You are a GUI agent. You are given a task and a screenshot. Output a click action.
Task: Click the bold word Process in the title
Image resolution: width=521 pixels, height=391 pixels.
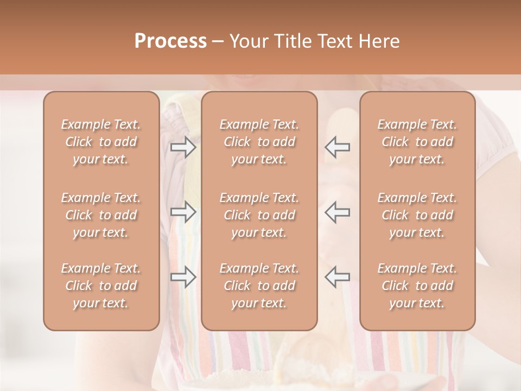(170, 41)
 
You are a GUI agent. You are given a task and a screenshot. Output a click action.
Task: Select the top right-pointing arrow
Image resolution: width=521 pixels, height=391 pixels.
(183, 147)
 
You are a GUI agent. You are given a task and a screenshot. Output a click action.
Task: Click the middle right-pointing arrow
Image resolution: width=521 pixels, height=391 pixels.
(183, 212)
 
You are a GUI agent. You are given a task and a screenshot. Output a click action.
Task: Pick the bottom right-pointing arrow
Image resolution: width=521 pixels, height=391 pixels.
(183, 277)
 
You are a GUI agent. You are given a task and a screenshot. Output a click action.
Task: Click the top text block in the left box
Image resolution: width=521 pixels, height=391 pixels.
(101, 142)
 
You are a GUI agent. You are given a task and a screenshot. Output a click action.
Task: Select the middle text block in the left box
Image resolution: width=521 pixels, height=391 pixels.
(101, 215)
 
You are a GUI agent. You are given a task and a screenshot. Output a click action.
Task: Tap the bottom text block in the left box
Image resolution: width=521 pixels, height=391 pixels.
(101, 286)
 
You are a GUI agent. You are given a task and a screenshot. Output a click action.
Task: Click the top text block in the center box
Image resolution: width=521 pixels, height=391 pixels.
(259, 142)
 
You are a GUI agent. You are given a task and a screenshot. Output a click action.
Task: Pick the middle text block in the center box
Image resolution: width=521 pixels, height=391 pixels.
(259, 215)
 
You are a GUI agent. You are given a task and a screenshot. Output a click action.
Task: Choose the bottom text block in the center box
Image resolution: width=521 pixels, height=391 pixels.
(259, 286)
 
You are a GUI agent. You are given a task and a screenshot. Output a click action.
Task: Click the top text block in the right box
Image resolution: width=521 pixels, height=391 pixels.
(417, 142)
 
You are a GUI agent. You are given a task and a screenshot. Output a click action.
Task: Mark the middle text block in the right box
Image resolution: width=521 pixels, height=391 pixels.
(417, 215)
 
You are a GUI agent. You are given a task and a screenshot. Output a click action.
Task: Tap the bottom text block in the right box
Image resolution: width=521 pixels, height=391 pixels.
(417, 286)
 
